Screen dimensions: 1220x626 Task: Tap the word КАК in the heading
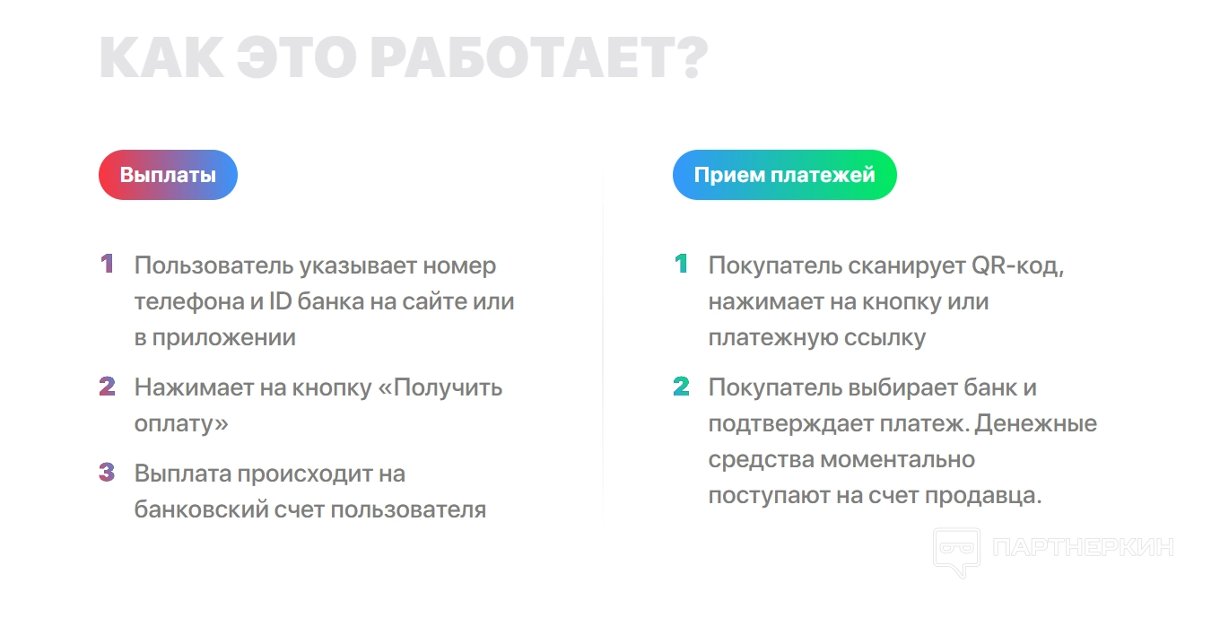(x=161, y=57)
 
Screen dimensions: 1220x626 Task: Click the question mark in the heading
(x=693, y=57)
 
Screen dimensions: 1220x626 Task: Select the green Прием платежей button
(x=784, y=175)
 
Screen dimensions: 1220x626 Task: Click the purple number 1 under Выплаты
(x=108, y=264)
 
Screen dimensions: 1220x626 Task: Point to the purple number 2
(x=108, y=387)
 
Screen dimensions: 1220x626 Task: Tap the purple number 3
(x=108, y=473)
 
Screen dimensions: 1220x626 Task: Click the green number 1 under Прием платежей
(x=682, y=264)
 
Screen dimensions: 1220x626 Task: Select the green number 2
(x=682, y=387)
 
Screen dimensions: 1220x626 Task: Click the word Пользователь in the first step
(x=214, y=265)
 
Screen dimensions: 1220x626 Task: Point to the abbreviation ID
(x=281, y=301)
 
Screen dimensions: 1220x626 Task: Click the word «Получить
(x=440, y=388)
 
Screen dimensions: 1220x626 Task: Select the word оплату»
(x=181, y=424)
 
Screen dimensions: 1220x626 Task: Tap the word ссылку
(x=884, y=338)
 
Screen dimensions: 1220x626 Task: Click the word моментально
(x=897, y=460)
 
